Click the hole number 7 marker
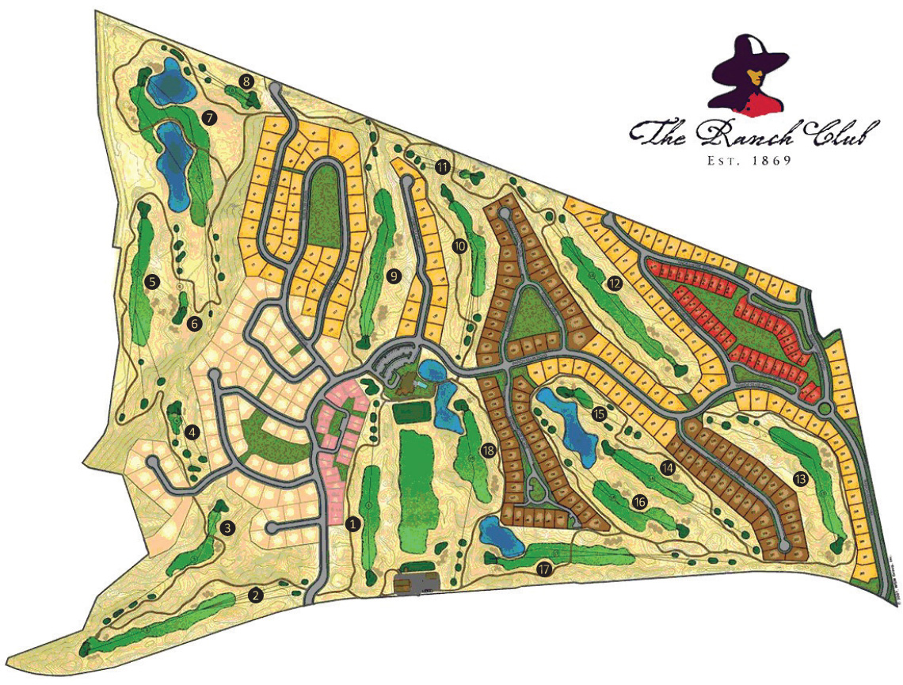point(210,117)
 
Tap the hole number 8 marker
point(247,81)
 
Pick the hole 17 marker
point(543,569)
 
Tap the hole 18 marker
point(487,451)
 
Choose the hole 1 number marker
point(353,523)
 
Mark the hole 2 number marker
point(255,595)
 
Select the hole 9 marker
point(391,276)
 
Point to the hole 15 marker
point(599,413)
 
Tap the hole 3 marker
point(228,528)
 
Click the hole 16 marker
point(640,501)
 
